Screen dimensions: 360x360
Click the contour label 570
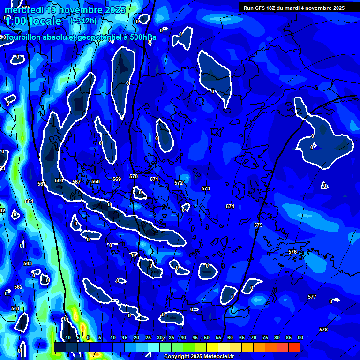pos(134,177)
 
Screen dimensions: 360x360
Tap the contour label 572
pos(179,183)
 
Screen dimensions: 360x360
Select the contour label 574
pos(230,207)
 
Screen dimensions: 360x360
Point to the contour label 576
pos(292,252)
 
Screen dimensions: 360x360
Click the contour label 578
pos(323,330)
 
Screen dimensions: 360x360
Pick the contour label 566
pos(59,181)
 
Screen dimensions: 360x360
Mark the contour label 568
pos(96,182)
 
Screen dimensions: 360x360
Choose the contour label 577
pos(312,297)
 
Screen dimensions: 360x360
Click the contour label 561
pos(15,309)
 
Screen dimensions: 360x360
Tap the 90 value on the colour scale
pos(300,338)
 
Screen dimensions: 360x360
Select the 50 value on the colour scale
pos(207,338)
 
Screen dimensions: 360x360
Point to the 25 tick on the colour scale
pos(148,338)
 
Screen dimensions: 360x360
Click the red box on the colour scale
pos(294,347)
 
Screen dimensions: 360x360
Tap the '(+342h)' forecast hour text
pos(83,21)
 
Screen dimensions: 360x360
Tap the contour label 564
pos(29,202)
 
